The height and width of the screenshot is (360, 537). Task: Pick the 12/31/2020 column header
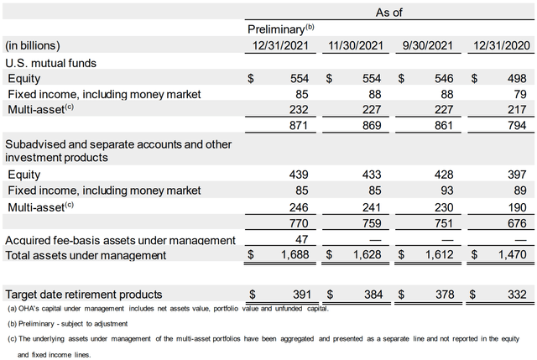(x=502, y=44)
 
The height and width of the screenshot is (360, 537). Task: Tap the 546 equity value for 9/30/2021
(x=444, y=77)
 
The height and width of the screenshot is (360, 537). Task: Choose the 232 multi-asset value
(x=300, y=109)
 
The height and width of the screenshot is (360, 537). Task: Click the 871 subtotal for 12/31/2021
(x=300, y=125)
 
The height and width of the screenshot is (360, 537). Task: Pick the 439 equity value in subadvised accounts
(x=300, y=175)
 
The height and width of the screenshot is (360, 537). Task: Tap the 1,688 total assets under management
(x=295, y=255)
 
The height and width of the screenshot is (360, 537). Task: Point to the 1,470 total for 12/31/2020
(x=512, y=255)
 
